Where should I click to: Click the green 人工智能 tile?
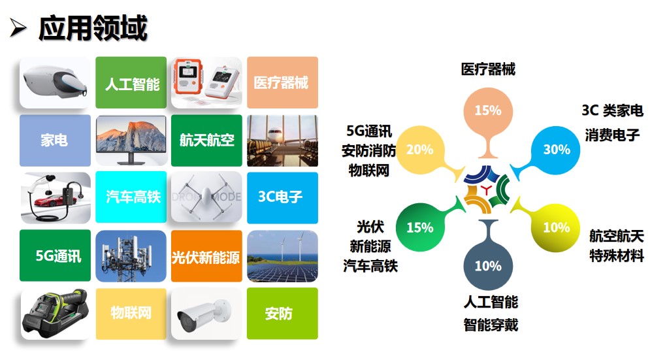[131, 82]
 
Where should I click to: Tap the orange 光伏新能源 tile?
[206, 256]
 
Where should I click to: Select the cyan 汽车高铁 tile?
[131, 197]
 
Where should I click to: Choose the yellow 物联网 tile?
[131, 314]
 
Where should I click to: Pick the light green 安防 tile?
[282, 314]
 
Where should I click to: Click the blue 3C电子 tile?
[282, 198]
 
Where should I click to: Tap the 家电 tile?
[55, 140]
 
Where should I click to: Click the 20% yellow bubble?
[420, 150]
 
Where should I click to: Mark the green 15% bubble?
[420, 227]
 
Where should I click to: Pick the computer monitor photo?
[131, 140]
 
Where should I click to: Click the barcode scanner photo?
[55, 314]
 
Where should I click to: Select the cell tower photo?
[131, 256]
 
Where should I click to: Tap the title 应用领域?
[93, 28]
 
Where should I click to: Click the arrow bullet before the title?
[18, 28]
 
